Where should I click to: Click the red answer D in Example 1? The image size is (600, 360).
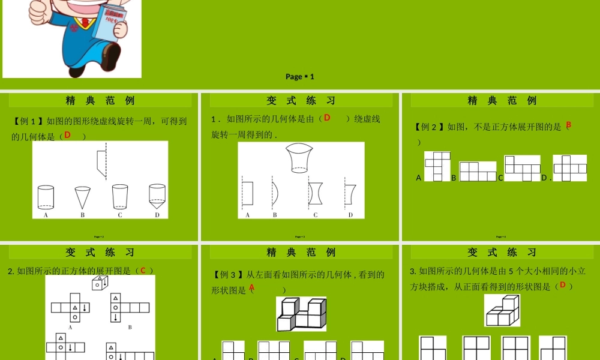(68, 135)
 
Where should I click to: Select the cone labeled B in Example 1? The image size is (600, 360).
(82, 197)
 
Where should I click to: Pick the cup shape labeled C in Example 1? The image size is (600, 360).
(119, 196)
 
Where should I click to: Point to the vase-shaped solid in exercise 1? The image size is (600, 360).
(301, 158)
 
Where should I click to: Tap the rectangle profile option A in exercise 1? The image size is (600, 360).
(247, 193)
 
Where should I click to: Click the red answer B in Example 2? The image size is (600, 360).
(568, 125)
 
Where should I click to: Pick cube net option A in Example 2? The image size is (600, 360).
(437, 166)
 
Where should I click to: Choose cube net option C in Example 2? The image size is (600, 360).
(522, 168)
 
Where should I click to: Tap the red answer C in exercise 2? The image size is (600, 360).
(143, 270)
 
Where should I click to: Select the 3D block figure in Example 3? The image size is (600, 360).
(301, 314)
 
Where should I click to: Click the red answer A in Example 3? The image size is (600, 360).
(252, 288)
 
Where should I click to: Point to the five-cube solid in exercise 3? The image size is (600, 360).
(502, 310)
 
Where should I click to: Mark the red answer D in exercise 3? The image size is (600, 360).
(562, 286)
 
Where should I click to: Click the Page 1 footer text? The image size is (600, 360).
(300, 76)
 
